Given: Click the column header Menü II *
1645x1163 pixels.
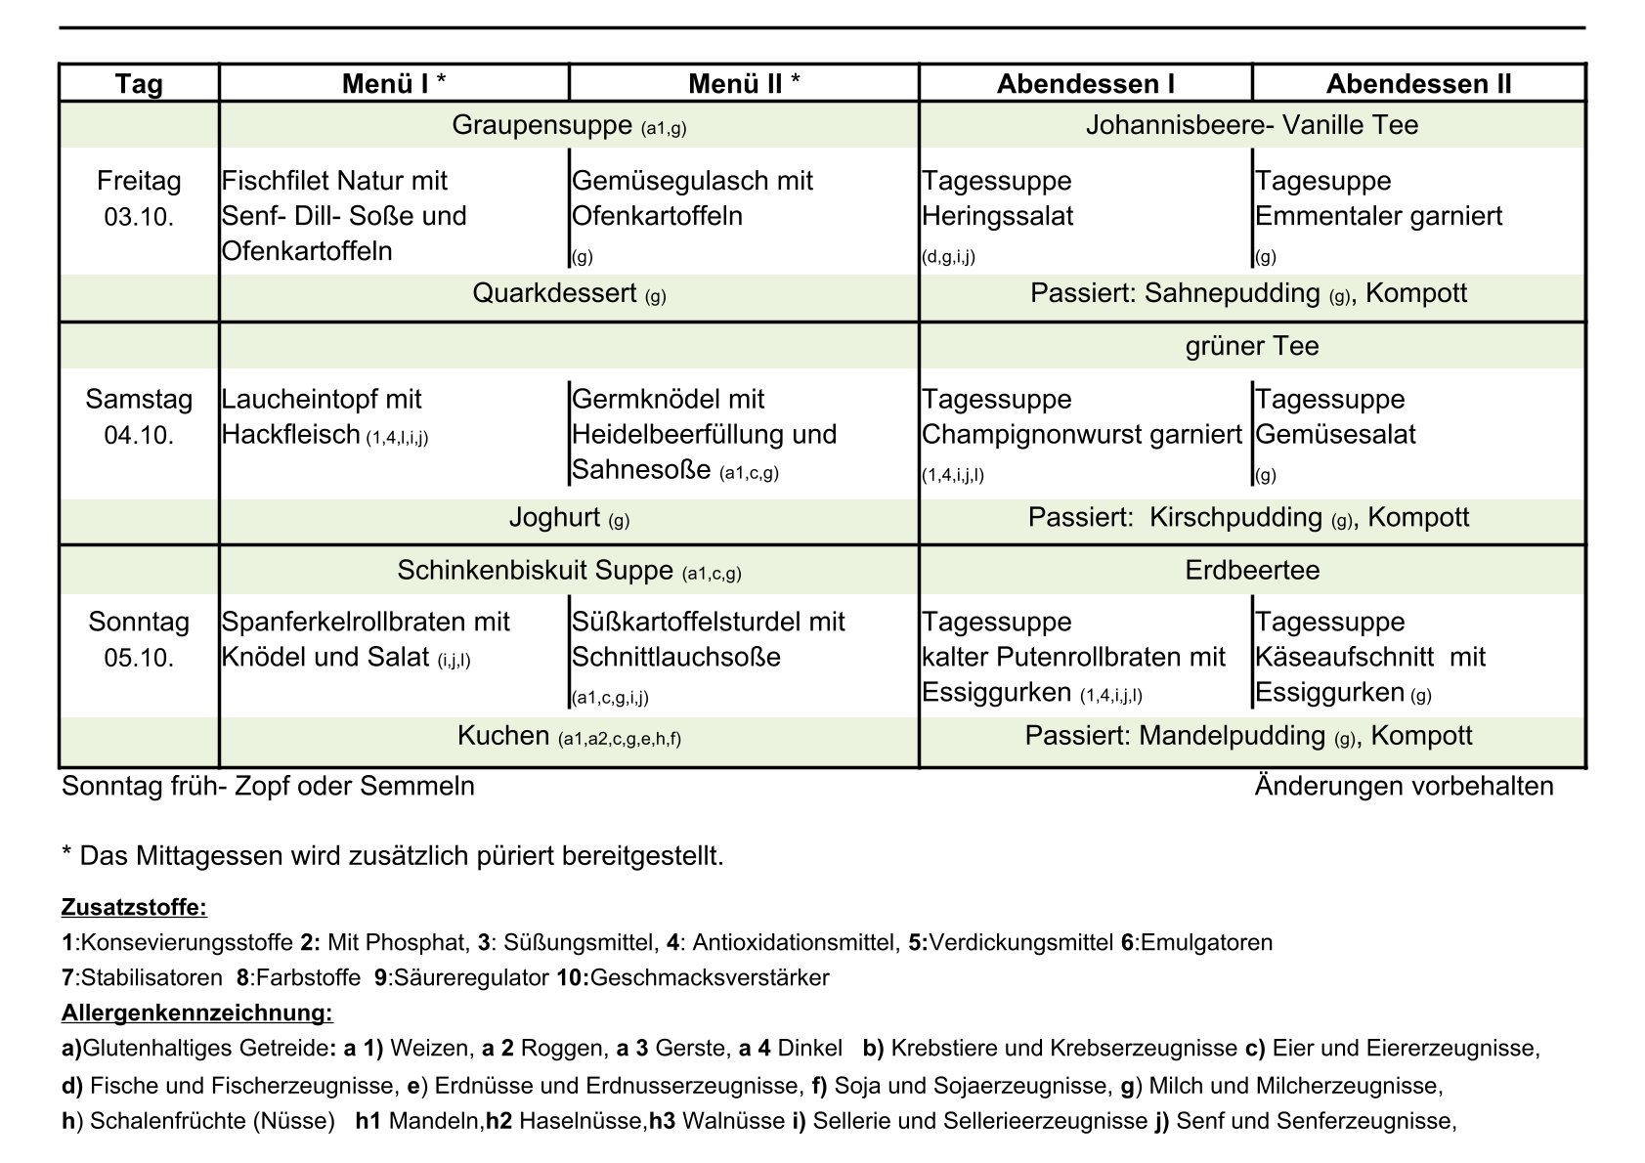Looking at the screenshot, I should coord(744,84).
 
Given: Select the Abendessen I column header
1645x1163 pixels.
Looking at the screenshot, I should coord(1085,84).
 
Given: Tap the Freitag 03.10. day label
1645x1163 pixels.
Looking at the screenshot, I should coord(139,198).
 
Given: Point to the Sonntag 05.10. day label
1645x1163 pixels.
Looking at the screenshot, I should coord(139,639).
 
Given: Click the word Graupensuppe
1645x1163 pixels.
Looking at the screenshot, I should coord(541,125).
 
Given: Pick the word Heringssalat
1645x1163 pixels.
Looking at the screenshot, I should coord(997,216).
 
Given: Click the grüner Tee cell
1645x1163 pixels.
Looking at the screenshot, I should coord(1251,346).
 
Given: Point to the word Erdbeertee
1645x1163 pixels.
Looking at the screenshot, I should coord(1251,570).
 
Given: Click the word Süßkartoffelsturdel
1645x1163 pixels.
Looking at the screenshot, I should coord(694,622).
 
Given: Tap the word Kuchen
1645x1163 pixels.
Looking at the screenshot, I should coord(503,736).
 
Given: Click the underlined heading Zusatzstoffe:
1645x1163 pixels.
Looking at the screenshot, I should coord(134,907).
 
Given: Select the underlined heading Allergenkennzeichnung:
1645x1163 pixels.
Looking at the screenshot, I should coord(196,1012).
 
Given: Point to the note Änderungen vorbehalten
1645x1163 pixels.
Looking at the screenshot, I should coord(1404,786).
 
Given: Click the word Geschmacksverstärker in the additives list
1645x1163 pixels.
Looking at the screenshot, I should coord(710,977).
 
